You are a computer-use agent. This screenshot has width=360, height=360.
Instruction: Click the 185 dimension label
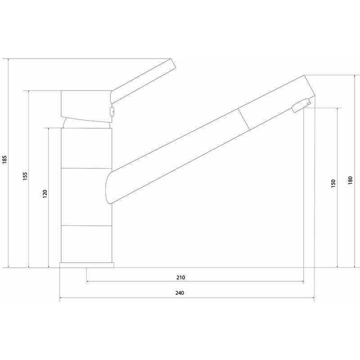4,160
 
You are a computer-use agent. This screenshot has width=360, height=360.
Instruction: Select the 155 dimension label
25,176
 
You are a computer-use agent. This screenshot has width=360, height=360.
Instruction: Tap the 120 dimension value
45,194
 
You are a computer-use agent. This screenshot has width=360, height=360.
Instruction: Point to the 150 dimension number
333,184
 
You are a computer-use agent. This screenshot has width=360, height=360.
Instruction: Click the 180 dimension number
350,180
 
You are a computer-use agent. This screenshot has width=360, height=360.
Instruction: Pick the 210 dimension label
181,277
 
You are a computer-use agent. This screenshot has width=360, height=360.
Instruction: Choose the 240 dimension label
180,293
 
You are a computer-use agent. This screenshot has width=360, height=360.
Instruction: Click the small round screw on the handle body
112,112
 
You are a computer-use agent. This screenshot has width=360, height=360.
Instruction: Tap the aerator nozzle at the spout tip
301,106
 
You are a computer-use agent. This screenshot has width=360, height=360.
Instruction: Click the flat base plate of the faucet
86,265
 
